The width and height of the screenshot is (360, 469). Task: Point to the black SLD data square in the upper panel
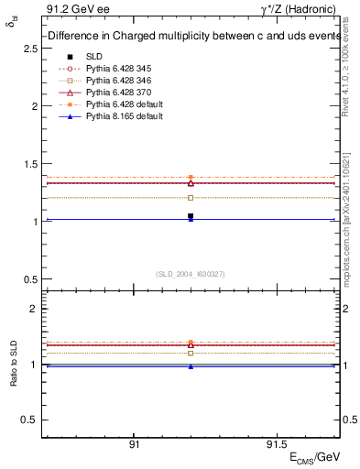point(191,216)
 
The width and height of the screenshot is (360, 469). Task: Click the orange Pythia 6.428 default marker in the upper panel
point(191,177)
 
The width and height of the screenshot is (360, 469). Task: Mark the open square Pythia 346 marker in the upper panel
point(191,197)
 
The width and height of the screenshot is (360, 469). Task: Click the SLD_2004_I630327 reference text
point(190,274)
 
